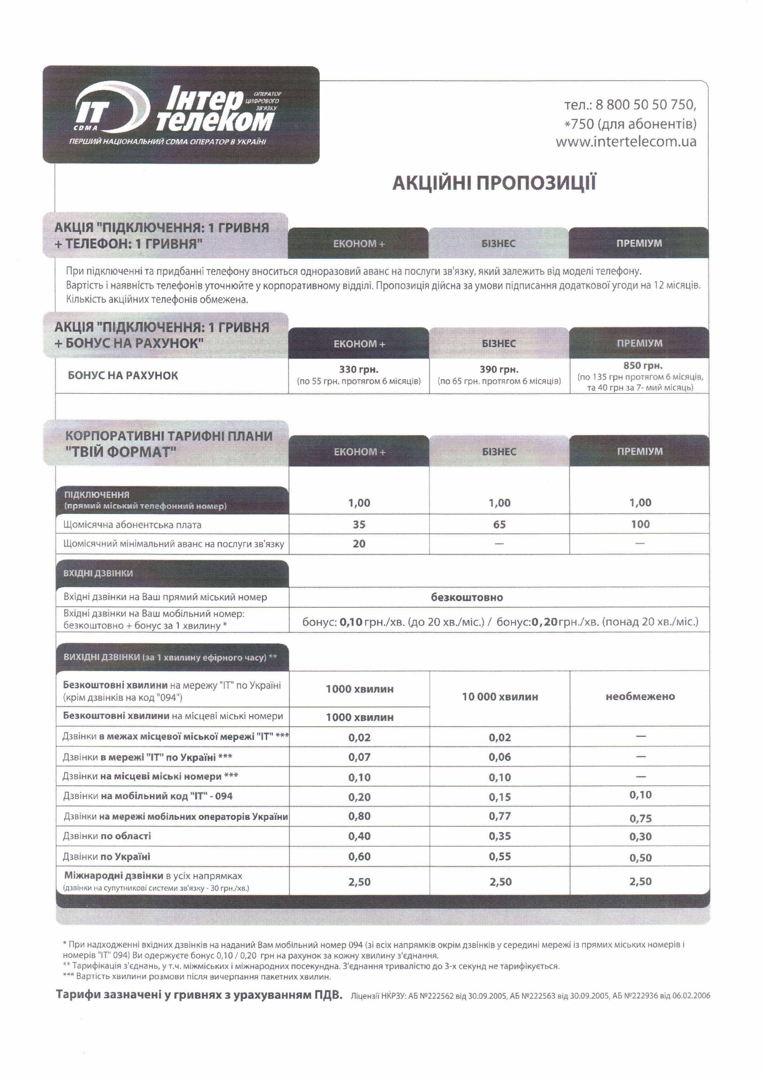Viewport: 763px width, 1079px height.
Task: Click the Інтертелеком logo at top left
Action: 180,114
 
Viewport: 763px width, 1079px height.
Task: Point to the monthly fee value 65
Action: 499,524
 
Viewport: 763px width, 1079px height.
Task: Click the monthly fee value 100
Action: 640,524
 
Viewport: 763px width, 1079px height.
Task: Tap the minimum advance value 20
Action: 359,544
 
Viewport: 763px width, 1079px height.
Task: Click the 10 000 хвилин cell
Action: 500,696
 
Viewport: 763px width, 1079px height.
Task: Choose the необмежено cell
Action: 640,696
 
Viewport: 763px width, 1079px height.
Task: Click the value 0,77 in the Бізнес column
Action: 500,816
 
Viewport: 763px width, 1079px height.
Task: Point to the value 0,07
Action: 359,757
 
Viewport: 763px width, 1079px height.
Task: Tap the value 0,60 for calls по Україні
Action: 359,856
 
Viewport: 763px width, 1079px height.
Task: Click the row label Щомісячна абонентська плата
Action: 132,524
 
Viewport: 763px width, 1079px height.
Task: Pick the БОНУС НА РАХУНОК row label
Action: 123,376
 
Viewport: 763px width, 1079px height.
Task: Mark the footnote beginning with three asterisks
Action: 198,976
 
